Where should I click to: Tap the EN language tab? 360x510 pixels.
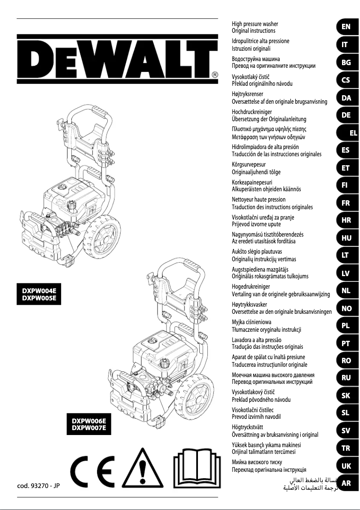coord(346,27)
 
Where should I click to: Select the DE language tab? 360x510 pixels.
coord(346,115)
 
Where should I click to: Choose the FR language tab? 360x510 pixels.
coord(346,203)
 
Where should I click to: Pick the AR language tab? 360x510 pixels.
coord(346,484)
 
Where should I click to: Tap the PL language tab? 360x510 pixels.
coord(346,325)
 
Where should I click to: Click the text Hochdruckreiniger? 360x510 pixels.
coord(252,111)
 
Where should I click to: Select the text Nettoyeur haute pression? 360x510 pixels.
coord(259,199)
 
